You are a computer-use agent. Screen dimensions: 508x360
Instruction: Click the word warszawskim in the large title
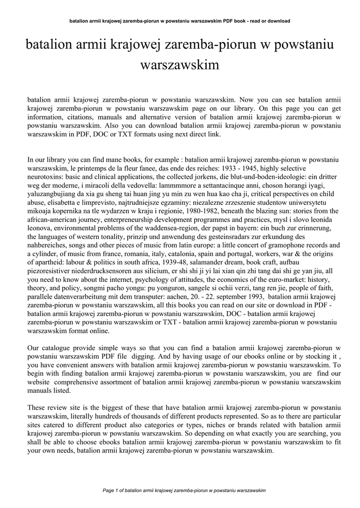tap(180, 65)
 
